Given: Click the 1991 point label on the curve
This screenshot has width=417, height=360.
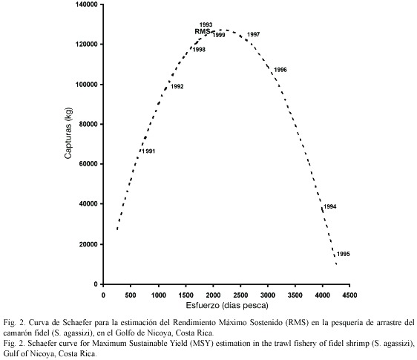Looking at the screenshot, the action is [148, 151].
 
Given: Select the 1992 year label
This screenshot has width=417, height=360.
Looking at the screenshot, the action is [177, 87].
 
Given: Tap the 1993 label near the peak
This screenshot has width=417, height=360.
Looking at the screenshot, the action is [206, 24].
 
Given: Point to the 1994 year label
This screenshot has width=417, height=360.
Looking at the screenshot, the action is [330, 206].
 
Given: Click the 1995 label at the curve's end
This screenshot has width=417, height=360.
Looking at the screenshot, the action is [344, 254].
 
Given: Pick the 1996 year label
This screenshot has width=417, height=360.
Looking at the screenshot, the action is [280, 70].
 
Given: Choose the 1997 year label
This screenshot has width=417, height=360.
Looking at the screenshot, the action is [254, 35].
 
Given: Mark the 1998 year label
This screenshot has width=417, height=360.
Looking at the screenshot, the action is [199, 50].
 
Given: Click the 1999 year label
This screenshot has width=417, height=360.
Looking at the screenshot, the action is [219, 35].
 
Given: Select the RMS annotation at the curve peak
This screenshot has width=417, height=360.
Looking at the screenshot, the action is [203, 31].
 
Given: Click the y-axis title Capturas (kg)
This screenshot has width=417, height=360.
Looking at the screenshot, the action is [68, 133].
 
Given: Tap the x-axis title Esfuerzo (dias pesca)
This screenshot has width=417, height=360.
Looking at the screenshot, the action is [227, 305].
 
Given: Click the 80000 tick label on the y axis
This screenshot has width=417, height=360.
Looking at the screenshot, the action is [88, 124].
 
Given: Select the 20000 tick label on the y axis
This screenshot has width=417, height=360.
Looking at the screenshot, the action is [88, 244].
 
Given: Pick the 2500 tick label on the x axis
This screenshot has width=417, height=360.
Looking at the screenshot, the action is [240, 295].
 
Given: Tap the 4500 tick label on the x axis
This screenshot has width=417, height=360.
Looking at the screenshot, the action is [349, 295].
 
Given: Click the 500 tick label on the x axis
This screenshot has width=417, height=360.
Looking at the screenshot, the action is [131, 295].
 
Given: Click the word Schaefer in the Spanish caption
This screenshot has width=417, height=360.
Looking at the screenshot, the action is [76, 323].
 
